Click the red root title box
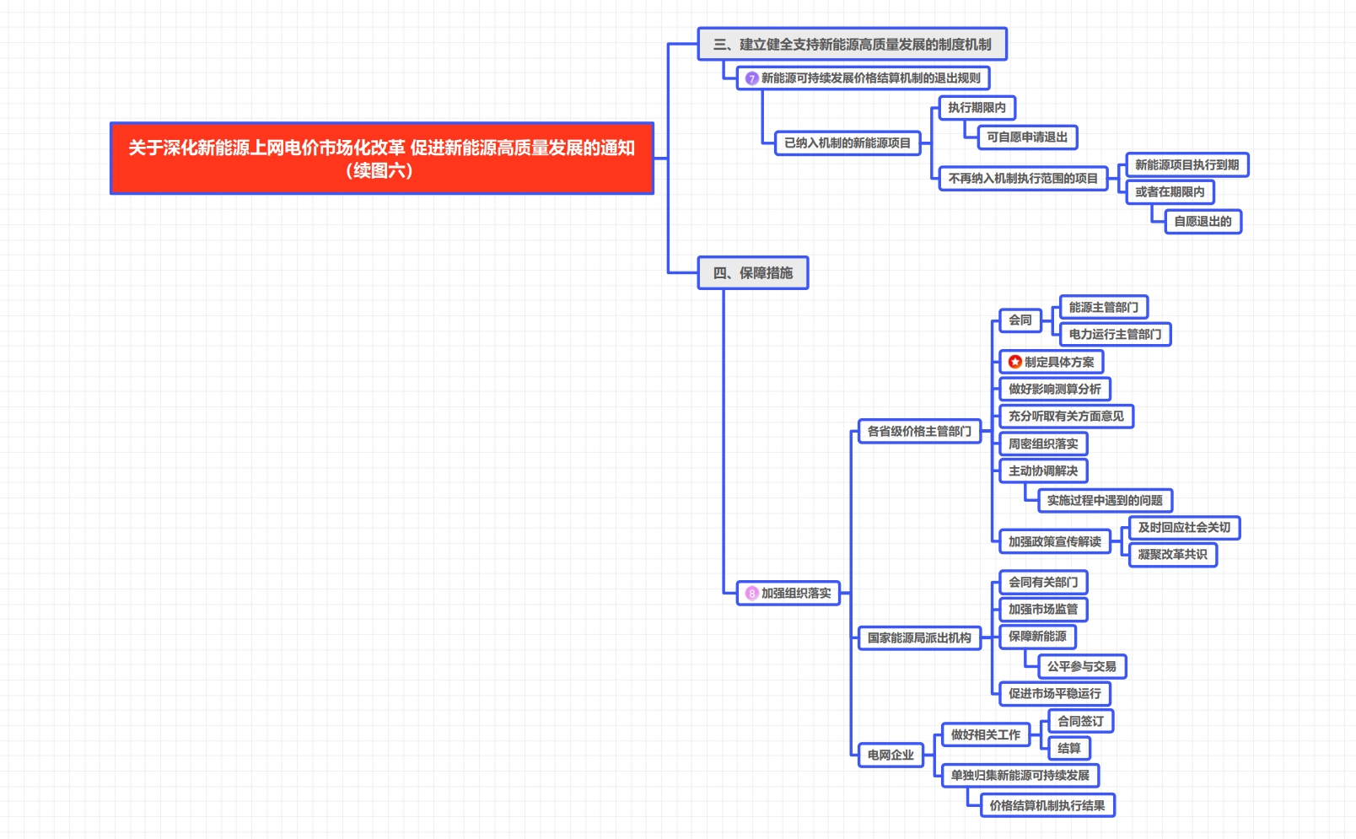381,159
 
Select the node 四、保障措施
752,273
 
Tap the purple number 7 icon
751,78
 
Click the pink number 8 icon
751,594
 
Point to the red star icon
1014,363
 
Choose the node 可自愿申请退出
1026,137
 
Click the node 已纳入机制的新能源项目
847,143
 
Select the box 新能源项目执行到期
1186,165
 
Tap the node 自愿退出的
1203,222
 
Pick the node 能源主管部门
1103,308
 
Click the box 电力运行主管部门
1115,335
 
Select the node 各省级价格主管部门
919,432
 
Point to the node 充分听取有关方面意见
1066,417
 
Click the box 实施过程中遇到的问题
1104,501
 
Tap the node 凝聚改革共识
1172,555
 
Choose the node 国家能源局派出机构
919,638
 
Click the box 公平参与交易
1081,667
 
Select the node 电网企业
891,756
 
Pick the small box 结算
1068,749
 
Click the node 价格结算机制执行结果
1047,806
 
